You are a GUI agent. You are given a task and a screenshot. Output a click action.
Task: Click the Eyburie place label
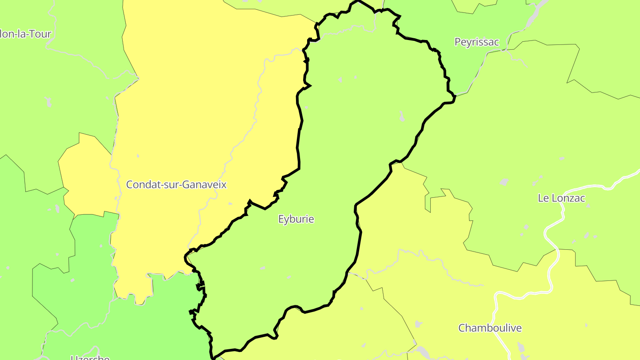296,219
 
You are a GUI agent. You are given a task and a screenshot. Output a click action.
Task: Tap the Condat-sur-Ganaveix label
176,184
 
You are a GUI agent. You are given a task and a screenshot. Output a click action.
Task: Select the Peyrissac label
476,42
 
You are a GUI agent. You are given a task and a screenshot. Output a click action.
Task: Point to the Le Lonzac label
561,198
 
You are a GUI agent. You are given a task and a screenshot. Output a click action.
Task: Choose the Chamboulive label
490,328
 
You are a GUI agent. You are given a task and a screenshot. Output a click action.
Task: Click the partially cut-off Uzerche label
90,357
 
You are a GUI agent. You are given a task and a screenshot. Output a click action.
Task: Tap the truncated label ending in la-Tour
26,34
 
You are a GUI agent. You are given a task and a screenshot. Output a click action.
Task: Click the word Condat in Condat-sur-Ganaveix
140,184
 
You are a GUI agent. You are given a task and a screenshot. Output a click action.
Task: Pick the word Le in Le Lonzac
543,198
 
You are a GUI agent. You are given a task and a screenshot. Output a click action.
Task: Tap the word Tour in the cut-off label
42,34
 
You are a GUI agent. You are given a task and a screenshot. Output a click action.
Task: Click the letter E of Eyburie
281,219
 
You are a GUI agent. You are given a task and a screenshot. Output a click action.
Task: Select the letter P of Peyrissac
457,42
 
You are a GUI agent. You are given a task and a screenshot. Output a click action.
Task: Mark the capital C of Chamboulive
462,328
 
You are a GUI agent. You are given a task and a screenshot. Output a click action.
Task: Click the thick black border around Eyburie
299,147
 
